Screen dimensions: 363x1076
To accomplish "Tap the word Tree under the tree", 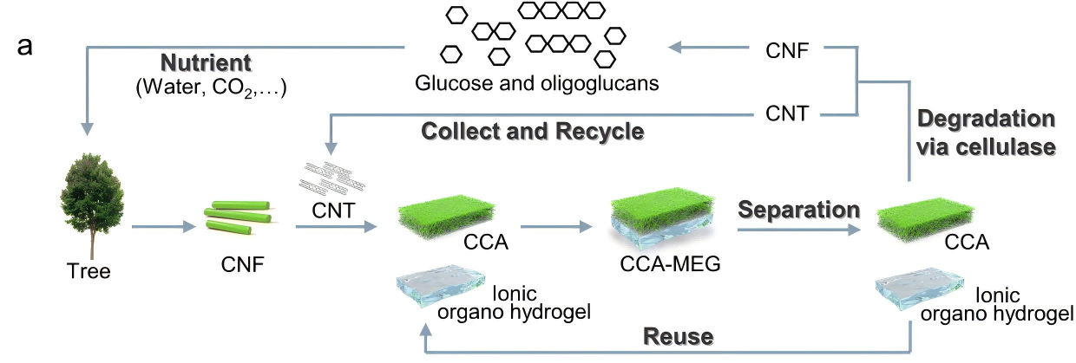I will (x=89, y=272).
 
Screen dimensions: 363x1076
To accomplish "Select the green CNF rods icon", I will (x=236, y=221).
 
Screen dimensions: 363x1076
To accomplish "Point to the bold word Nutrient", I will (x=205, y=63).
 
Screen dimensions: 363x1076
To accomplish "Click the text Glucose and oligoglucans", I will (x=501, y=84).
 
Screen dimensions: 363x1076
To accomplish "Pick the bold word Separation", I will (x=799, y=209).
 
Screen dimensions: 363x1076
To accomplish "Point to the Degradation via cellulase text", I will (x=986, y=132).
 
